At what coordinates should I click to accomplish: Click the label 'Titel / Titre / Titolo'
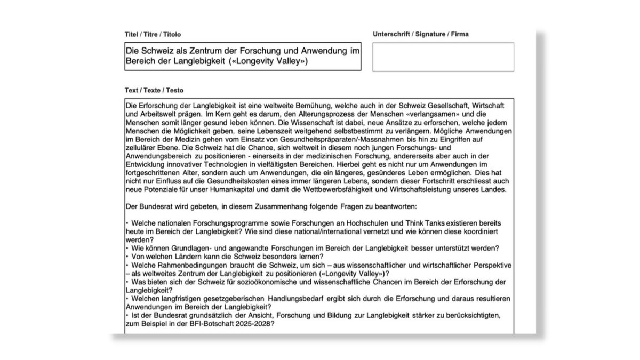click(x=153, y=34)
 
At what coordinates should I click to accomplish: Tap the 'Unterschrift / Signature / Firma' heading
click(x=421, y=34)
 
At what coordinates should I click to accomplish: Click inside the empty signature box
click(x=443, y=57)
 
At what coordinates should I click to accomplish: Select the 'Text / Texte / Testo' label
click(x=154, y=90)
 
